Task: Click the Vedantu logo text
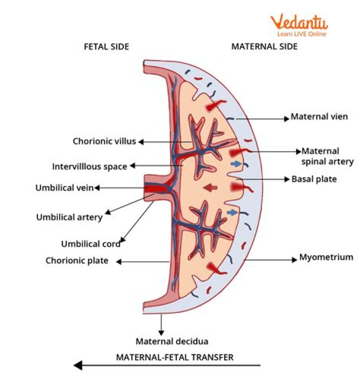[299, 22]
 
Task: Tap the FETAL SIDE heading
[106, 46]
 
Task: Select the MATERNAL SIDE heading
[264, 46]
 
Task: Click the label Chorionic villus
[104, 141]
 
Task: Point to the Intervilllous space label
[89, 166]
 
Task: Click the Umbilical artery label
[69, 217]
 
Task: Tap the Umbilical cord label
[90, 244]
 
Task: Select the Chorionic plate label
[76, 260]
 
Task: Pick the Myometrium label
[326, 257]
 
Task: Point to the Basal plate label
[313, 178]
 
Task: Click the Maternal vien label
[319, 117]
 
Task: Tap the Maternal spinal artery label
[327, 156]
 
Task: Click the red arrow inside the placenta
[210, 187]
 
